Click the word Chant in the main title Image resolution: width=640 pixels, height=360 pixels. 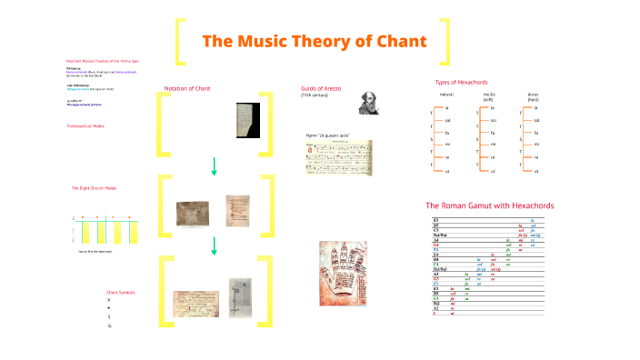tap(400, 42)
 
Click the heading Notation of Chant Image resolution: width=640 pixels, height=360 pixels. tap(187, 88)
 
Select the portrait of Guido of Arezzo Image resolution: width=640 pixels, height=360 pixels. tap(369, 102)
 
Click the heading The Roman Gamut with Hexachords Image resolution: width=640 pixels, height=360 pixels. tap(489, 205)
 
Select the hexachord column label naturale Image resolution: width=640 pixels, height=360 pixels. tap(446, 95)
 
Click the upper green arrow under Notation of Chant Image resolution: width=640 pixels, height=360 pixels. tap(215, 165)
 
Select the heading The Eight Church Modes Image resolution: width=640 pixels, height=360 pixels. tap(94, 188)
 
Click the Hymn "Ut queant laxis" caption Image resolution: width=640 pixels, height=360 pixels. tap(328, 135)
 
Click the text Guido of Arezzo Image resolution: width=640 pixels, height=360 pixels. tap(323, 88)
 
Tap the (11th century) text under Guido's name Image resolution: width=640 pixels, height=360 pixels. tap(315, 95)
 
